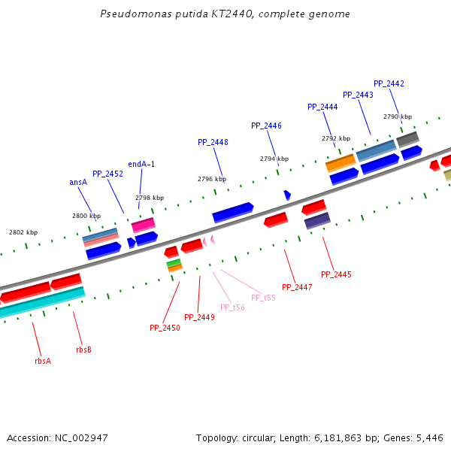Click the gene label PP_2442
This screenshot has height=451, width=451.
[389, 83]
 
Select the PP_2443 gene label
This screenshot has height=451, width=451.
[358, 95]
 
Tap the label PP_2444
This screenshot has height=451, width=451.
[322, 107]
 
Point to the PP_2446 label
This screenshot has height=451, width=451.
[266, 126]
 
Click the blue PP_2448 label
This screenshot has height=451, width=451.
[213, 142]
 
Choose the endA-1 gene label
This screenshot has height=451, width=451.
[141, 164]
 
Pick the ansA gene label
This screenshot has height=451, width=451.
[78, 182]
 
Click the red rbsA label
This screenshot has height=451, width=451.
[43, 361]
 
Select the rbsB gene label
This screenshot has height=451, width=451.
[83, 350]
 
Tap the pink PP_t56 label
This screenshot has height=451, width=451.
[232, 307]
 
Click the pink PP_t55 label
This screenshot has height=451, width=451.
[263, 298]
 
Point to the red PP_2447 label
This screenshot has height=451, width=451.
[297, 287]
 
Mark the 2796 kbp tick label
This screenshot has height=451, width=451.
[212, 179]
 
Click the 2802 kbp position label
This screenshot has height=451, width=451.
[23, 232]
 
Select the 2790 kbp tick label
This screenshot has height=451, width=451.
[398, 117]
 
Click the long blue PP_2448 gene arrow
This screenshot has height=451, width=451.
[232, 212]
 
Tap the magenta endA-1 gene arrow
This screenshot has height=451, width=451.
[143, 225]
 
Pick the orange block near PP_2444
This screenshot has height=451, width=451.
[340, 162]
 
